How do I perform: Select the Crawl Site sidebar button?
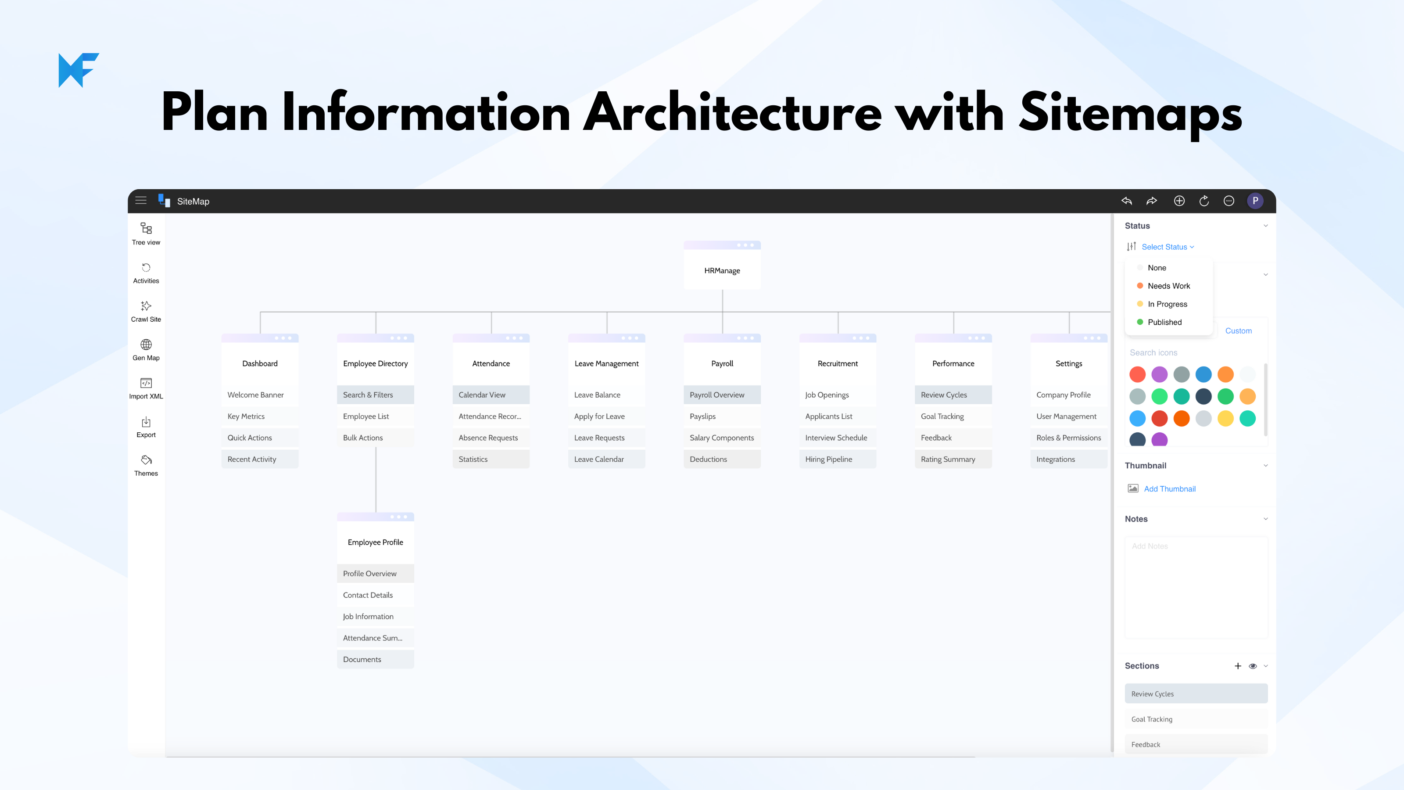[146, 311]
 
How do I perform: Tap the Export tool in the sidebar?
[146, 427]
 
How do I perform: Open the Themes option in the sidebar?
[146, 466]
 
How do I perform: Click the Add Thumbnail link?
[1170, 489]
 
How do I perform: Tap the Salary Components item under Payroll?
[722, 438]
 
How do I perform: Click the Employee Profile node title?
[376, 542]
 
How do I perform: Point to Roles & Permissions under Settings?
[1069, 438]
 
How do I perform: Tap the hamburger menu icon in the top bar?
[140, 201]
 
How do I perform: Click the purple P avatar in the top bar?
[1255, 201]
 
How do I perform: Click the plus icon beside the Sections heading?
[1238, 666]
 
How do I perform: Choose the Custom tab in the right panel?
[1238, 331]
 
